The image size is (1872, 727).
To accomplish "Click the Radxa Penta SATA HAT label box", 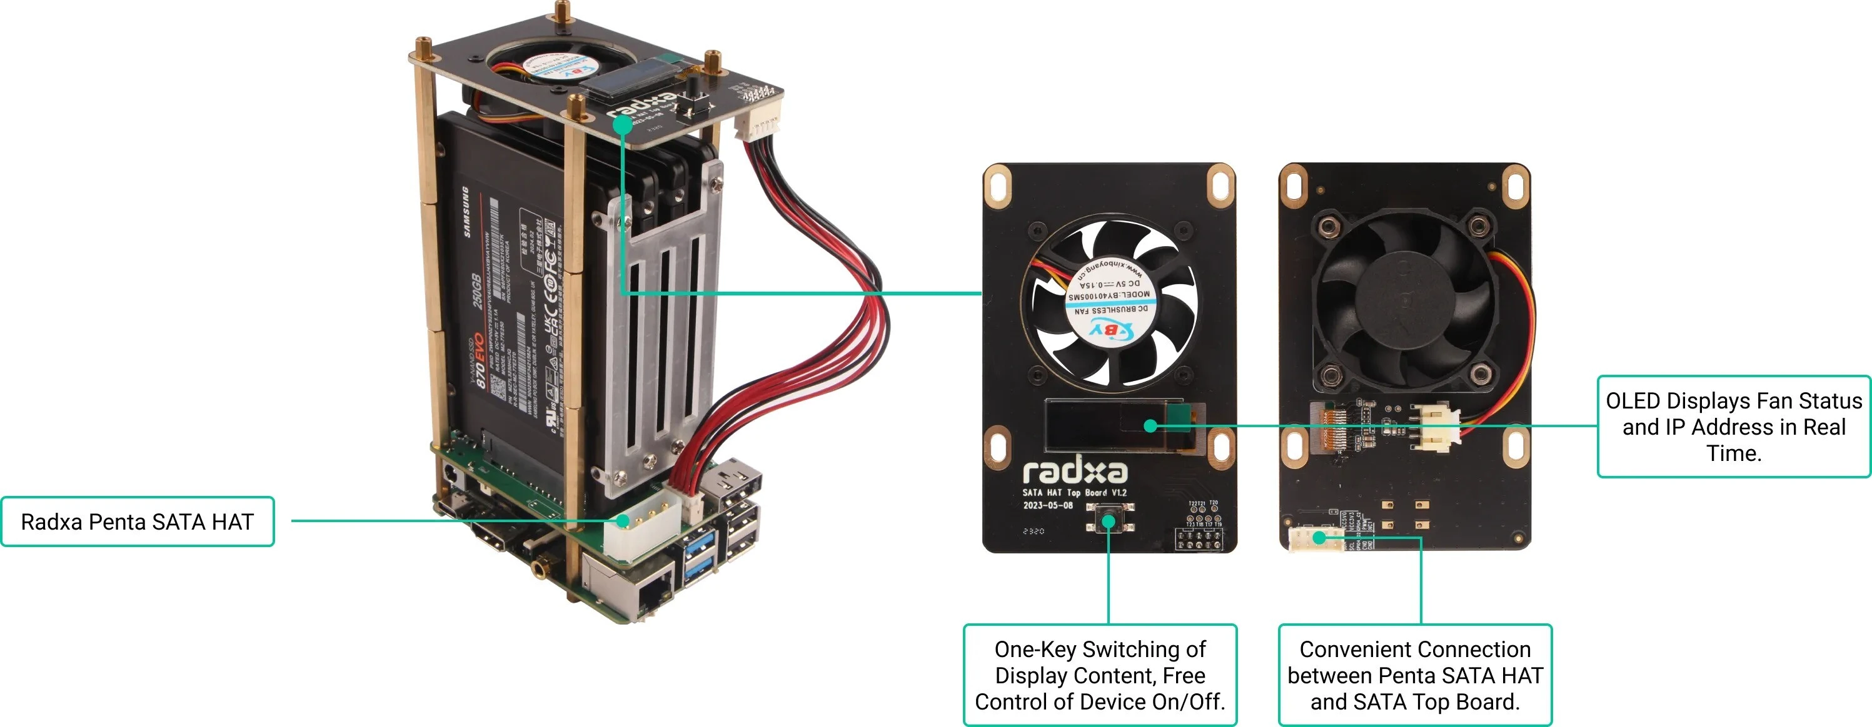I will click(x=138, y=522).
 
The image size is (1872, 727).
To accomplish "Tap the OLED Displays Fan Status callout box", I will click(x=1733, y=427).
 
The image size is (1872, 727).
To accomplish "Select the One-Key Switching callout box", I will click(x=1100, y=675).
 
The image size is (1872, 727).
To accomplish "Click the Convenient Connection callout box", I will click(x=1414, y=675).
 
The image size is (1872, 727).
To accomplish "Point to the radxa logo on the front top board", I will click(x=1075, y=472).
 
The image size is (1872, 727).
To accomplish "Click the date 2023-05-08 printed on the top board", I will click(x=1048, y=505).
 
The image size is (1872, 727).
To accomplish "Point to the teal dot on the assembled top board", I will click(x=622, y=124).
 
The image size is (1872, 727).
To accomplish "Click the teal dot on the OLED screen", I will click(x=1150, y=425).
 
